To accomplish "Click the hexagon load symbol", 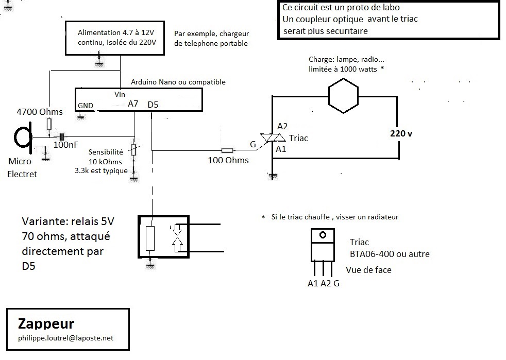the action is (x=343, y=96).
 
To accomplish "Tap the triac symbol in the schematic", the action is (x=273, y=138).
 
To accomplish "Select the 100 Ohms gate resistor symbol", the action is (x=227, y=150).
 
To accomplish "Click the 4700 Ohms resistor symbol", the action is (x=49, y=124).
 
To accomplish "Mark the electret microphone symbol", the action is (x=23, y=138).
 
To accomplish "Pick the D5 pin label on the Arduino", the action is (x=153, y=105).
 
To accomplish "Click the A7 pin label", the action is (x=133, y=104).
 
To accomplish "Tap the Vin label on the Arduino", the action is (x=120, y=94).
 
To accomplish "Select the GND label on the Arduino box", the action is (x=85, y=106).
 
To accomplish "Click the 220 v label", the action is (x=401, y=133).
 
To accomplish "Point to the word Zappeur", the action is (x=46, y=323).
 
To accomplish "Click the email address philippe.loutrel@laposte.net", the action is (x=66, y=338).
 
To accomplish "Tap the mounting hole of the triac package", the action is (x=323, y=235).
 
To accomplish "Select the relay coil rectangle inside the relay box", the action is (x=150, y=238).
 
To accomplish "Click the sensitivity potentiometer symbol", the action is (x=133, y=150).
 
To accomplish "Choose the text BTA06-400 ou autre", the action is (x=390, y=254).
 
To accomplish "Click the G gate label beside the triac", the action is (x=253, y=144).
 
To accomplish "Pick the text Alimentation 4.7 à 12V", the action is (x=116, y=32).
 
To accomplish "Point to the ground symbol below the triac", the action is (x=273, y=176).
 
